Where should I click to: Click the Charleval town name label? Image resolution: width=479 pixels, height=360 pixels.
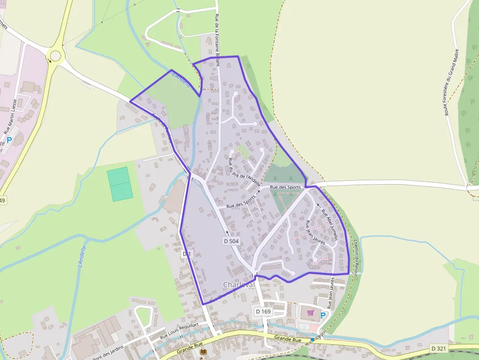pos(239,284)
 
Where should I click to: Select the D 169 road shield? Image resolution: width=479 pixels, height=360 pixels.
pos(263,311)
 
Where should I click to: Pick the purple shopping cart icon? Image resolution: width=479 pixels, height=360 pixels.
pos(310,312)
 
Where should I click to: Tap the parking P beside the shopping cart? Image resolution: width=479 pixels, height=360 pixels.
pos(323,315)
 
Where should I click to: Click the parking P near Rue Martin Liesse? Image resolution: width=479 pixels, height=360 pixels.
pos(9,140)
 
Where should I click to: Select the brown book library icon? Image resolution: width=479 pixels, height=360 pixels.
pos(203,351)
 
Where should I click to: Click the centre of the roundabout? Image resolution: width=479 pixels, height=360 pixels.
pos(55,55)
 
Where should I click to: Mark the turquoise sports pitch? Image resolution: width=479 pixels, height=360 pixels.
pos(120,184)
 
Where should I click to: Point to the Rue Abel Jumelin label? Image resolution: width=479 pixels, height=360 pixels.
pos(330,225)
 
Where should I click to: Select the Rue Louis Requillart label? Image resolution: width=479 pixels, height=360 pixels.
pos(179,331)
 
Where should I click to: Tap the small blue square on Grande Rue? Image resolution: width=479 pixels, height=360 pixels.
pos(312,339)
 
